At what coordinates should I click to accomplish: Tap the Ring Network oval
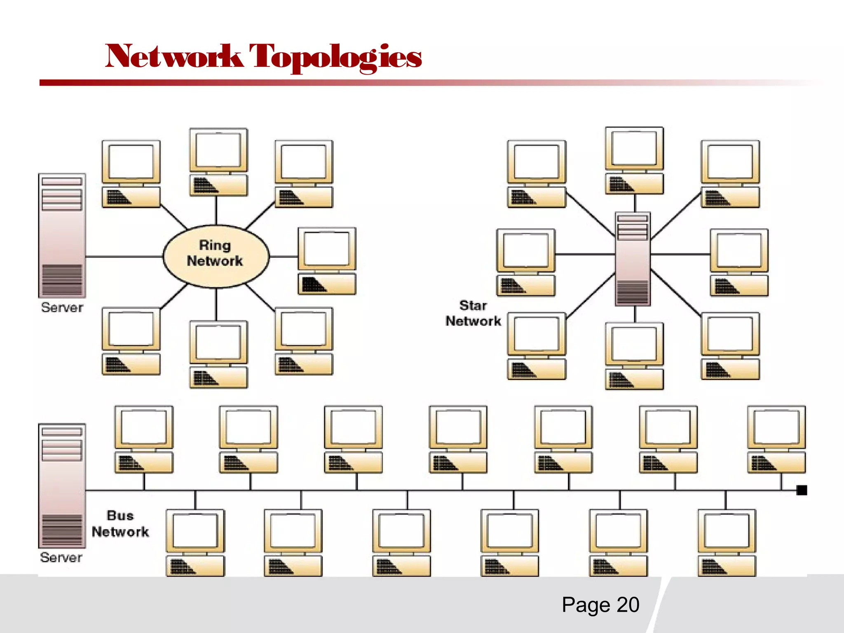point(216,256)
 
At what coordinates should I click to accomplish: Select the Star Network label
point(473,313)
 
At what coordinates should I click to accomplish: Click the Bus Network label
point(120,524)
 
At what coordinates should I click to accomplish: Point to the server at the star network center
point(633,259)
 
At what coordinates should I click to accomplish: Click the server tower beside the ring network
point(62,235)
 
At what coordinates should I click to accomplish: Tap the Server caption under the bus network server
point(61,558)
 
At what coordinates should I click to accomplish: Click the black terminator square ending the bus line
point(802,490)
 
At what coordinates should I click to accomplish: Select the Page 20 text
point(600,605)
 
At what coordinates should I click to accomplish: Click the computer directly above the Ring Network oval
point(218,162)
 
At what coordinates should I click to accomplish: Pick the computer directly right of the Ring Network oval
point(327,260)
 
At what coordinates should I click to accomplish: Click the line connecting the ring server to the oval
point(124,256)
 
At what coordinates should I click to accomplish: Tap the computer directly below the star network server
point(634,356)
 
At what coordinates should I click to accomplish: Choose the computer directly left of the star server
point(526,262)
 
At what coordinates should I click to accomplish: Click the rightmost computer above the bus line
point(776,439)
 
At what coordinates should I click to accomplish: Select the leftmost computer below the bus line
point(195,542)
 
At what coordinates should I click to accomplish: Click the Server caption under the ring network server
point(62,307)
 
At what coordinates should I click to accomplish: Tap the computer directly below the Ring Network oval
point(218,354)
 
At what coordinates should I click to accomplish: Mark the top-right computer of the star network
point(730,173)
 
